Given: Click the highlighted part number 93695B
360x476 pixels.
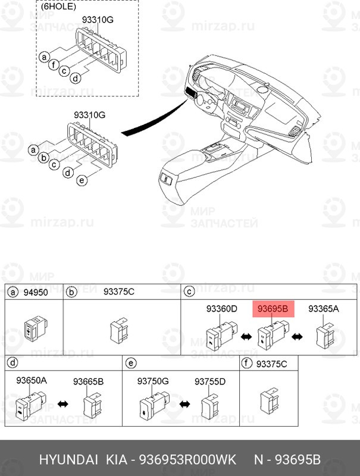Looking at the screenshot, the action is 273,309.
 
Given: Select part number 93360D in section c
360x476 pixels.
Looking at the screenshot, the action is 221,309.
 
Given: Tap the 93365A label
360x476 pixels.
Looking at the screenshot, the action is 324,309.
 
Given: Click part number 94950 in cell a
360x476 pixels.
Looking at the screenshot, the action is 36,292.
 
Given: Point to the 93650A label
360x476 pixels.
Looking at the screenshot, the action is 32,380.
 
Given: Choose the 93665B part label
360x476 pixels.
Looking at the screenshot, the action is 88,381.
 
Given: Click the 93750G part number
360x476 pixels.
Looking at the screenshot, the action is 153,381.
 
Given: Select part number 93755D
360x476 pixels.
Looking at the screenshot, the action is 210,381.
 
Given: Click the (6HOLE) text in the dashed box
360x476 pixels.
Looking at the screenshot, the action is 58,7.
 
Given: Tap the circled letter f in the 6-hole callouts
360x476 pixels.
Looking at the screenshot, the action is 54,64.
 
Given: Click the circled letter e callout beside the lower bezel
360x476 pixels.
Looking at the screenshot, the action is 82,180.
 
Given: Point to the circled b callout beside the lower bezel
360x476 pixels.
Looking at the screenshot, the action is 44,158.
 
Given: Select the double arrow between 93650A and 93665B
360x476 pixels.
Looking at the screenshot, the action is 63,404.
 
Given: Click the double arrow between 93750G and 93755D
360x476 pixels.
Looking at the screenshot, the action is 184,404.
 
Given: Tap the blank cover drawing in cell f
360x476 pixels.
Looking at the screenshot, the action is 269,400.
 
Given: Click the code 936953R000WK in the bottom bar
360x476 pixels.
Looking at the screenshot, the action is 187,459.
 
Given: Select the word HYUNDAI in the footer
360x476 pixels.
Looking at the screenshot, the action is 68,459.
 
